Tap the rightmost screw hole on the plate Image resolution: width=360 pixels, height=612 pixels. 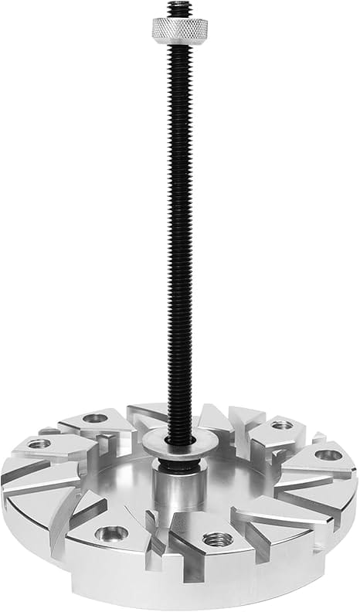pos(328,455)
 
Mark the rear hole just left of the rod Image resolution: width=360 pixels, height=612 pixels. pos(95,418)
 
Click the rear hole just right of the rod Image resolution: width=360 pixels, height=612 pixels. pos(282,424)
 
